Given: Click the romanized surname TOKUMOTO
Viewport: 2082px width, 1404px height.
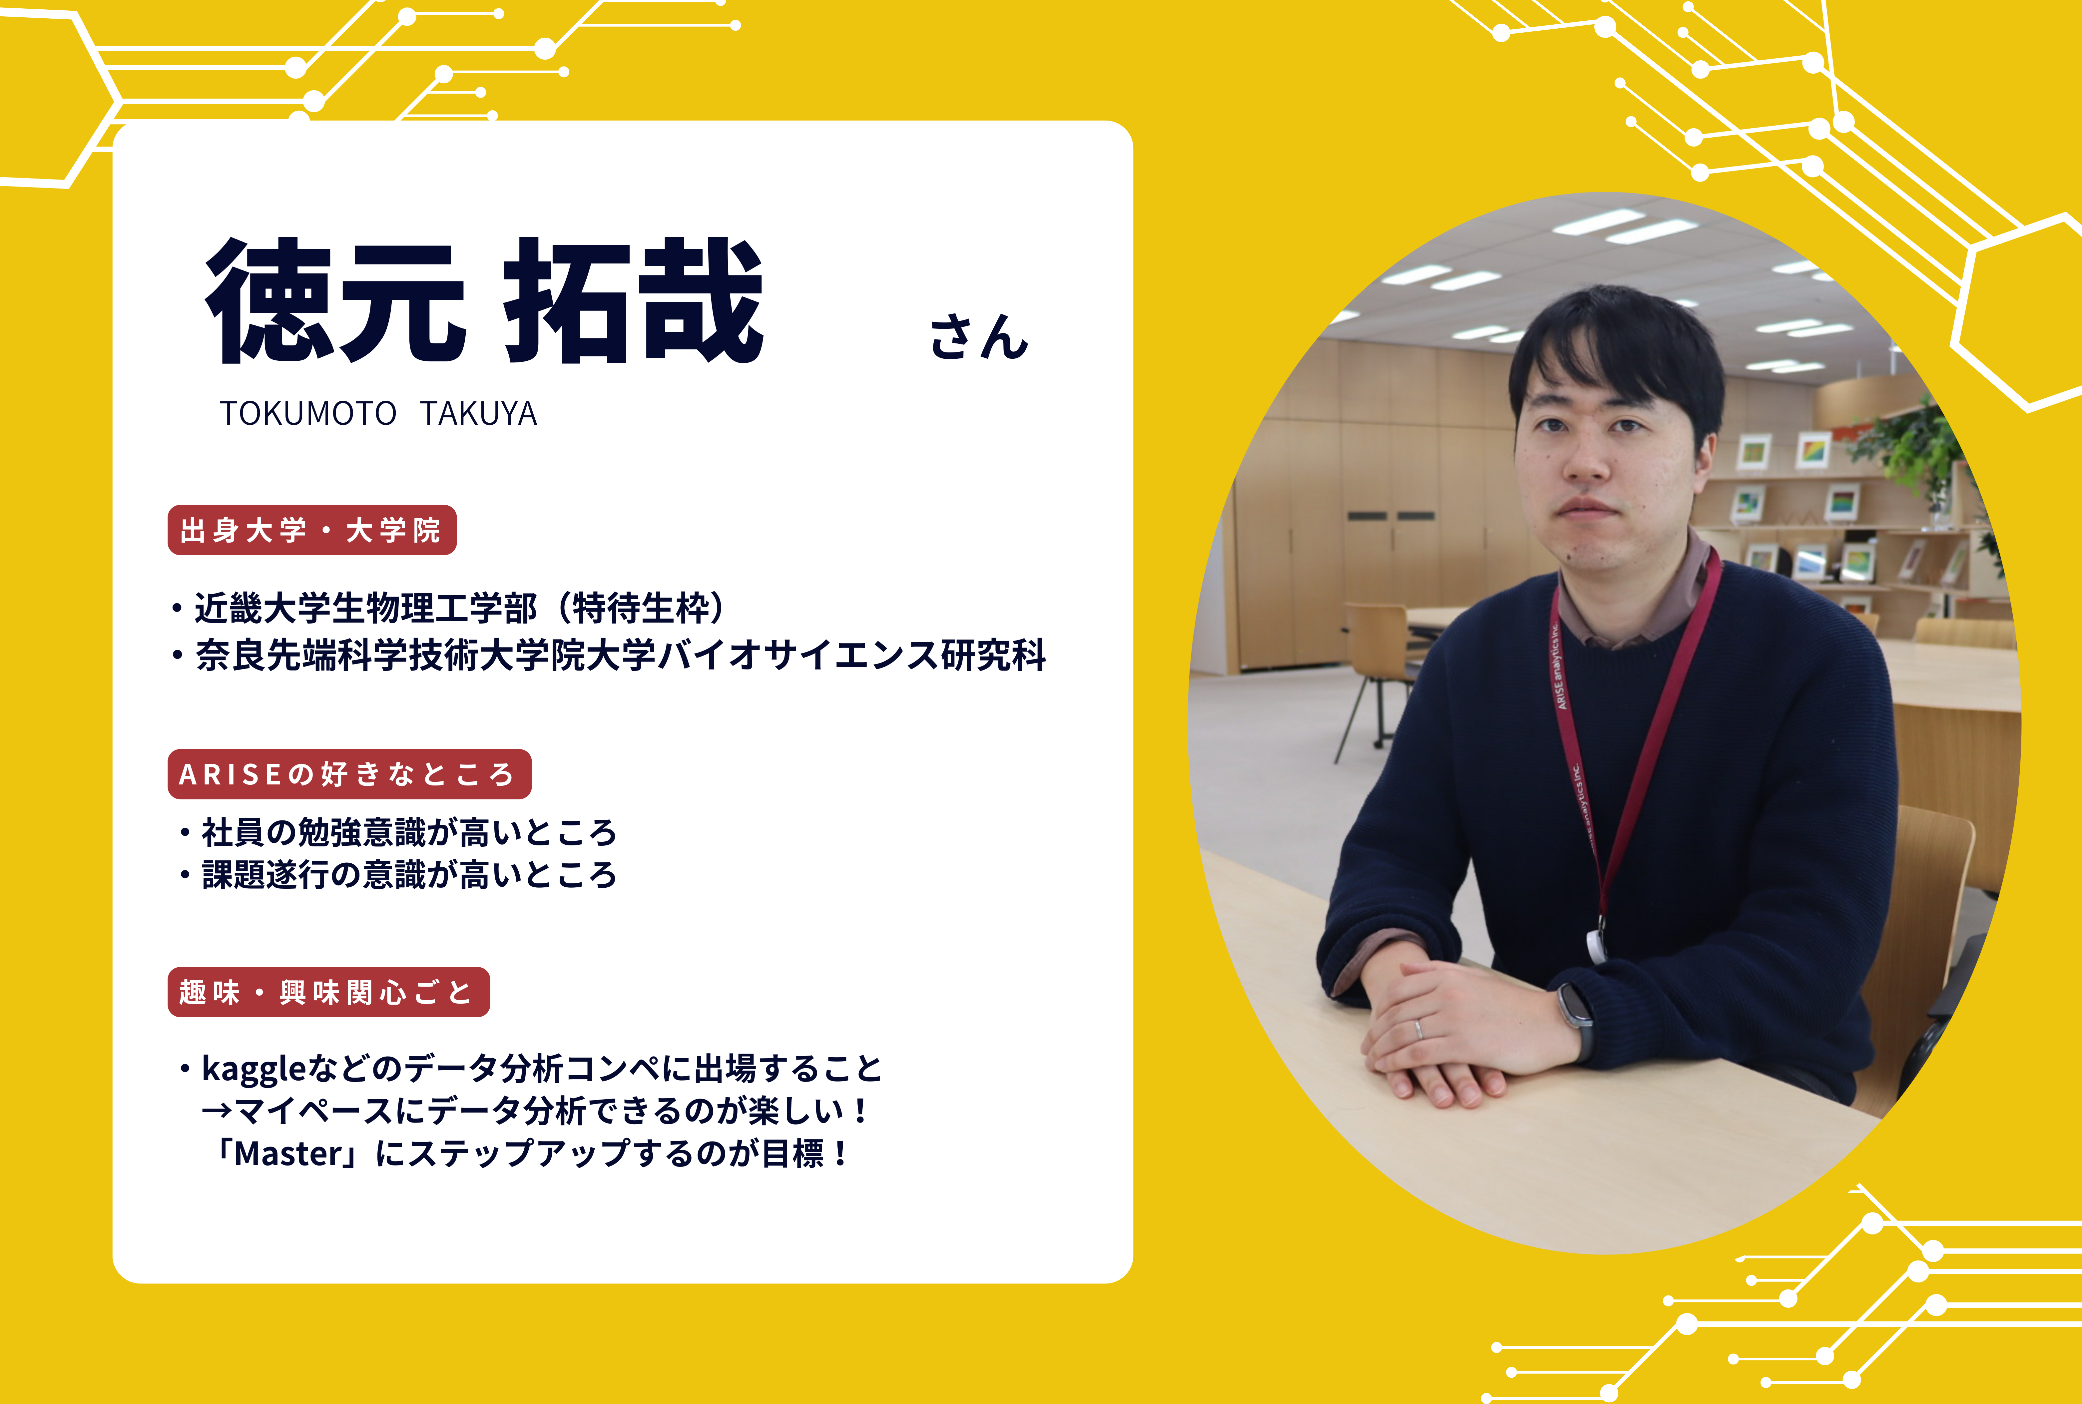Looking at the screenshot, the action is [x=308, y=414].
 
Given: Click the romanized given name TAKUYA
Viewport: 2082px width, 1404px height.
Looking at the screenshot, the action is [x=478, y=414].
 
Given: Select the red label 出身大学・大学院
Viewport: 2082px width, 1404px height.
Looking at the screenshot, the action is [x=311, y=530].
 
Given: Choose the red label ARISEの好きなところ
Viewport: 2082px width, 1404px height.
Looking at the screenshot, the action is [x=349, y=774].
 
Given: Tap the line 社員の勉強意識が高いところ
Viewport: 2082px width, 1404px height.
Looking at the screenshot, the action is [x=399, y=832].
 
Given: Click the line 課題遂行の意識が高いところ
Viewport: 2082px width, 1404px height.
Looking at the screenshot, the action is [x=399, y=874].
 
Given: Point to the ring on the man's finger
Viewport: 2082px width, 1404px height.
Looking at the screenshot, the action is [x=1417, y=1029].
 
